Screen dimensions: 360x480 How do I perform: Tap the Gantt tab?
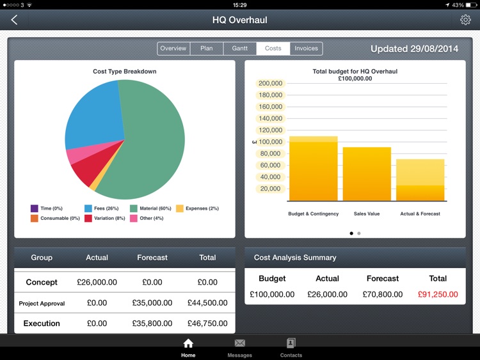239,49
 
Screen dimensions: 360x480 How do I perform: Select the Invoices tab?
306,49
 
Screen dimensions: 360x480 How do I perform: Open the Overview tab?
173,49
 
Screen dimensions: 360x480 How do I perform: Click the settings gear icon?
465,20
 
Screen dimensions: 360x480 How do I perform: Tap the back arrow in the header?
14,20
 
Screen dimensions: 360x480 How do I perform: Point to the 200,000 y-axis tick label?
270,83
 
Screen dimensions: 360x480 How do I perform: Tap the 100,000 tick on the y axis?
270,142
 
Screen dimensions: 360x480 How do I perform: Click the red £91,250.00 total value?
438,295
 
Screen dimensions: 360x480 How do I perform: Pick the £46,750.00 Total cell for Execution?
207,324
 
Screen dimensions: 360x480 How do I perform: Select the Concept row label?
42,282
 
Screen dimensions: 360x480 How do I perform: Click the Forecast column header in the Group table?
152,258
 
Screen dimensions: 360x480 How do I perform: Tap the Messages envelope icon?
239,343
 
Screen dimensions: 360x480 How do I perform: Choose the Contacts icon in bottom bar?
291,343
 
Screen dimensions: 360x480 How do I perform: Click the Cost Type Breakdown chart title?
125,72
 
